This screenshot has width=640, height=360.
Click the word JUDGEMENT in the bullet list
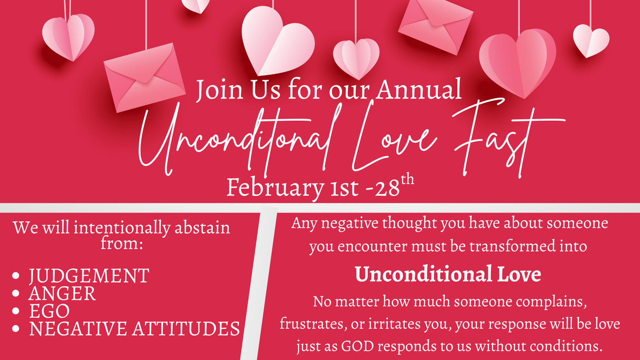(89, 276)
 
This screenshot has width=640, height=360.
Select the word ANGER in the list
(62, 293)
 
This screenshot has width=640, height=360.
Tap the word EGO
(50, 311)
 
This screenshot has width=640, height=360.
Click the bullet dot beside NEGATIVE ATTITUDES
(16, 328)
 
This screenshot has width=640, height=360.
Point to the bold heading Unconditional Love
(448, 274)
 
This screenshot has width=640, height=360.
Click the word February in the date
(275, 188)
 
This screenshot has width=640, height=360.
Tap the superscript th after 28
(407, 180)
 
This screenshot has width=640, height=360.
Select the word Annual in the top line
(419, 89)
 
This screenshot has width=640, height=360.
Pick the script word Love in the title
(394, 137)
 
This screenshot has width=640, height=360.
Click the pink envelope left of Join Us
(145, 78)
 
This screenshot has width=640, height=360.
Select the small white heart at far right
(591, 40)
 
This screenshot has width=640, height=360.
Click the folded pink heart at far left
(68, 37)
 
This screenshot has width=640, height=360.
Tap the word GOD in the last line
(358, 346)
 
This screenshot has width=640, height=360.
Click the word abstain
(202, 228)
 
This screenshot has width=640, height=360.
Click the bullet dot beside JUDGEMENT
(16, 276)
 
